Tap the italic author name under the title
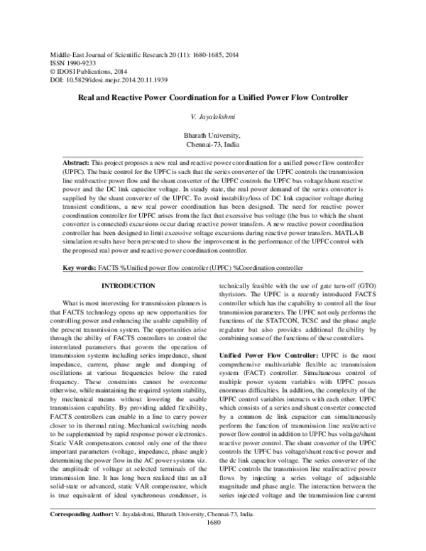[x=213, y=115]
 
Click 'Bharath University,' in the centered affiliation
[x=213, y=135]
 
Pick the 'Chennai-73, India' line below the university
[x=213, y=144]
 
